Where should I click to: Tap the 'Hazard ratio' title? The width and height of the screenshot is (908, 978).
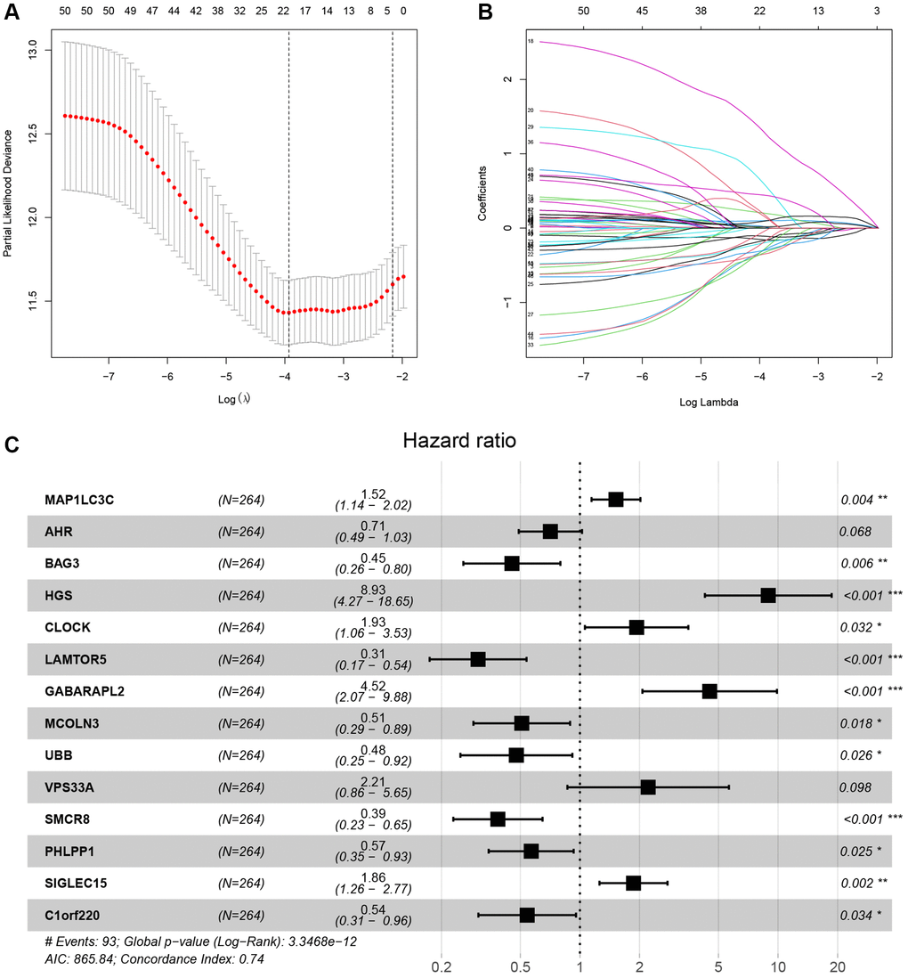pos(455,441)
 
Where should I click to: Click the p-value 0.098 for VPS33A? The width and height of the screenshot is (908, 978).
pos(855,787)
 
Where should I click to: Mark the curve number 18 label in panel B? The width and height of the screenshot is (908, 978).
pos(531,42)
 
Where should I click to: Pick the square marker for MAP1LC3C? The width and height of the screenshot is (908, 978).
pos(615,500)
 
